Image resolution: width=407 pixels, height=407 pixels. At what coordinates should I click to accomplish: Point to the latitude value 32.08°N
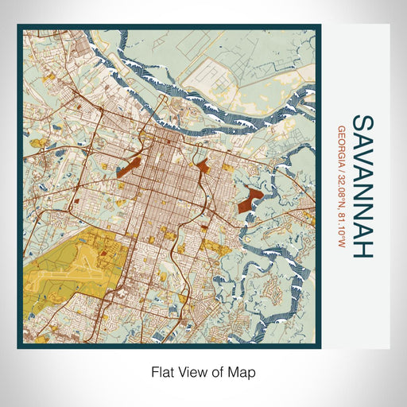click(342, 188)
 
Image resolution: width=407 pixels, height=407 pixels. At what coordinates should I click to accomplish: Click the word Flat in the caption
click(164, 371)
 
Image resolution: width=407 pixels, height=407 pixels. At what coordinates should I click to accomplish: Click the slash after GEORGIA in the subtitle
click(342, 167)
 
